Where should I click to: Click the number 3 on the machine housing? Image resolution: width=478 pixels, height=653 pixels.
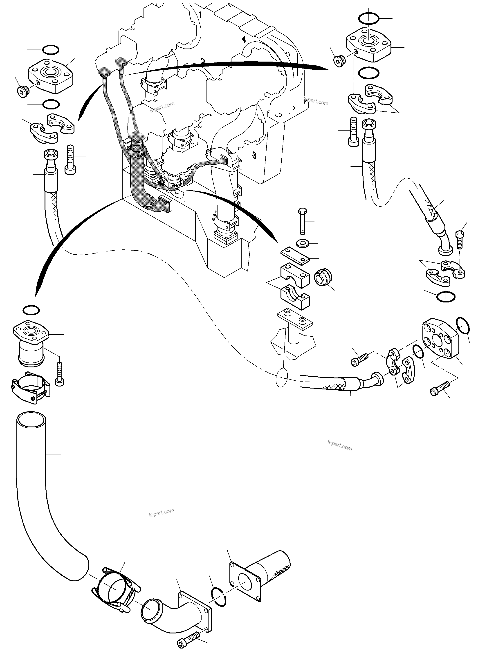click(254, 155)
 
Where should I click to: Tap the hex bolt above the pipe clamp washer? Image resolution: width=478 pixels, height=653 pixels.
click(302, 221)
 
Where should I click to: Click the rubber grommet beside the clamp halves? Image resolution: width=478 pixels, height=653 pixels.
click(323, 278)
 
